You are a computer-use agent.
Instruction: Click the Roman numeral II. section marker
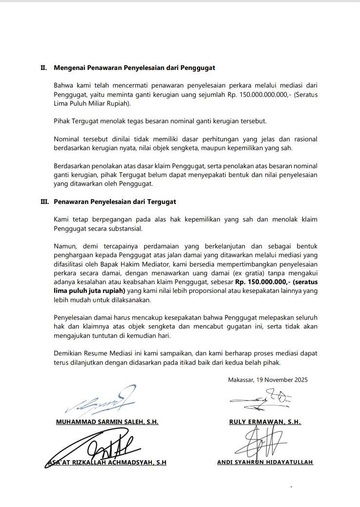coord(43,67)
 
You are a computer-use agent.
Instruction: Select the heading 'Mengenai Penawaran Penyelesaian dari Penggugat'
coord(134,67)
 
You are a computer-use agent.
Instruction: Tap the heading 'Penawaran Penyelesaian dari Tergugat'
coord(115,201)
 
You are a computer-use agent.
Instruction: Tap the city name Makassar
coord(242,380)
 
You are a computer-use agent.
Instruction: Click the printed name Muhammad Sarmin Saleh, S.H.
coord(107,421)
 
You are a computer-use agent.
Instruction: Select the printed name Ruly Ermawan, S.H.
coord(265,421)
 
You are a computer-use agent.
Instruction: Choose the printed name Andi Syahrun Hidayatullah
coord(265,462)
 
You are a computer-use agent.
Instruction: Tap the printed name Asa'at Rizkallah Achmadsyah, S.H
coord(107,463)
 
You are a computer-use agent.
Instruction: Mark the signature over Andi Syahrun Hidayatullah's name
coord(261,442)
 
